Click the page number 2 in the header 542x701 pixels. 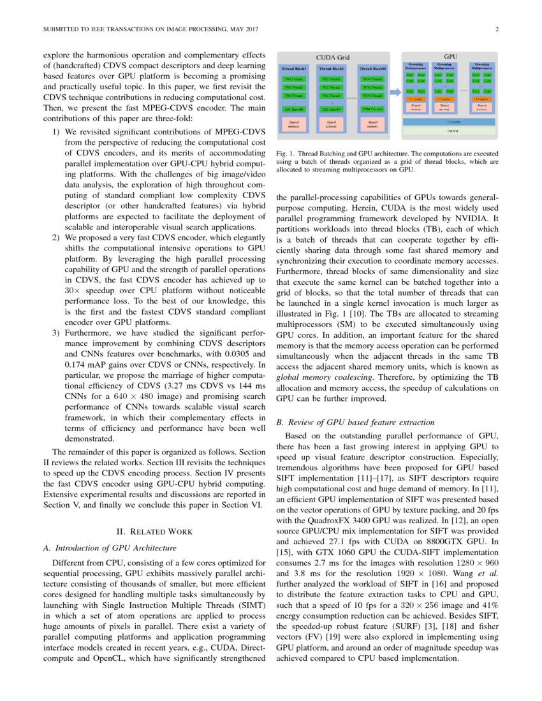pos(497,30)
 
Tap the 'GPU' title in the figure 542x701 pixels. pos(450,57)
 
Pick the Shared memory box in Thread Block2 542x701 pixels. pos(332,124)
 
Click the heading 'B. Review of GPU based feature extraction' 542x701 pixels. pos(355,422)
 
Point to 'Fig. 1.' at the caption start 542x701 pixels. pos(285,154)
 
